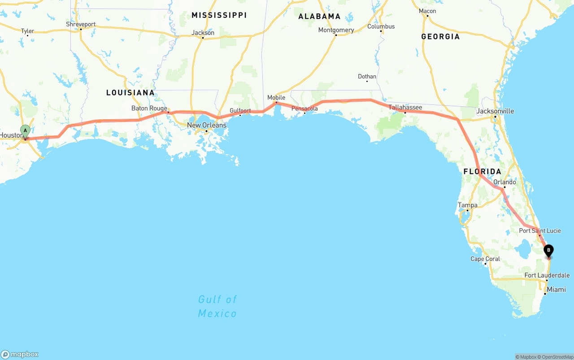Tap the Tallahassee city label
(405, 108)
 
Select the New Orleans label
(207, 125)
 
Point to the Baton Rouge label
(149, 108)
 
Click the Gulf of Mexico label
(217, 306)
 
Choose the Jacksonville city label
(495, 111)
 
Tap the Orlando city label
(504, 182)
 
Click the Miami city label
(556, 290)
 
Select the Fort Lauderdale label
(547, 275)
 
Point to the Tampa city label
(467, 205)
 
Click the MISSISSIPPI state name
(219, 15)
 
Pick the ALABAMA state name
(319, 16)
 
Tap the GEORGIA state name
(440, 36)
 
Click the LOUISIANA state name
(130, 93)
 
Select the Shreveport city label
(81, 24)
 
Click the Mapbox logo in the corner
(20, 354)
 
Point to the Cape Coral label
(485, 259)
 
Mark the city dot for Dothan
(367, 81)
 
